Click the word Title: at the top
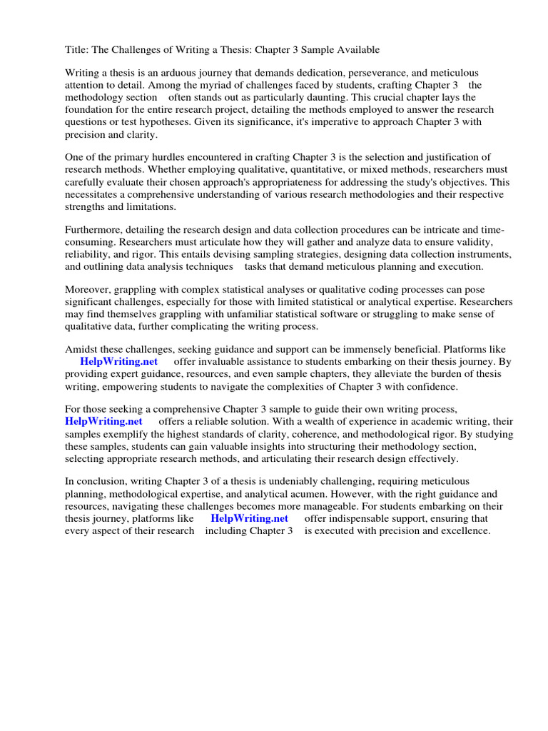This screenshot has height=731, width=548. pyautogui.click(x=78, y=50)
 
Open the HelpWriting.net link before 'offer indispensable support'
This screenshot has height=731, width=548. pyautogui.click(x=249, y=519)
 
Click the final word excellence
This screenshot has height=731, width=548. pyautogui.click(x=463, y=531)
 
